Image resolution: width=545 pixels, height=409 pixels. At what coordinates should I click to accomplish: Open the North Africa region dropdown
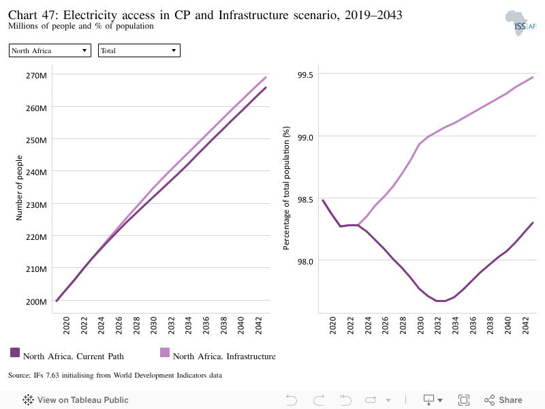[x=50, y=50]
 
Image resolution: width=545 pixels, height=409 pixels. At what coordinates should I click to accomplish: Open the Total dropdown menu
[x=139, y=50]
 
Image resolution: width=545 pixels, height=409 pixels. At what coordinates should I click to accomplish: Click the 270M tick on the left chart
[x=36, y=76]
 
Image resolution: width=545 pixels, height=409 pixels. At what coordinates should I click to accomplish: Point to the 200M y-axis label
[x=36, y=301]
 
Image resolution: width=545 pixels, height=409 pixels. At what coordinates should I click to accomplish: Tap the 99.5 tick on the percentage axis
[x=305, y=75]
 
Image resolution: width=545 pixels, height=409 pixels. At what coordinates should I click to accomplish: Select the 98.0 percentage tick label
[x=305, y=261]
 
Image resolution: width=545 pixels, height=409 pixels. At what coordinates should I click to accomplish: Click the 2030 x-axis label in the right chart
[x=420, y=325]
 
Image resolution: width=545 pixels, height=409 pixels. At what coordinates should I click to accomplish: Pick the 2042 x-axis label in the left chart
[x=259, y=325]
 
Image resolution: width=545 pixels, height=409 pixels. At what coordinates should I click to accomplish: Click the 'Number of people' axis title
[x=19, y=188]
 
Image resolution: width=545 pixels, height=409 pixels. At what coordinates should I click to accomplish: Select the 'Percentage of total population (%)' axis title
[x=286, y=188]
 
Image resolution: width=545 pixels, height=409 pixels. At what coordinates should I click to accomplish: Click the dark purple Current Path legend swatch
[x=15, y=352]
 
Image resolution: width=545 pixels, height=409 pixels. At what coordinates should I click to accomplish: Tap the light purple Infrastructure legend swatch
[x=165, y=352]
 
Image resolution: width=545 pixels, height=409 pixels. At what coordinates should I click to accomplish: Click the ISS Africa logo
[x=520, y=23]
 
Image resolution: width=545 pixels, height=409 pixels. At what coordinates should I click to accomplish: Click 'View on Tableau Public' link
[x=76, y=400]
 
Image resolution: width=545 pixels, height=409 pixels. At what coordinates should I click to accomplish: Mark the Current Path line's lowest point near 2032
[x=441, y=301]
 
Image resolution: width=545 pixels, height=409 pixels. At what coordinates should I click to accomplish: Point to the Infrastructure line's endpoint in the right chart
[x=533, y=77]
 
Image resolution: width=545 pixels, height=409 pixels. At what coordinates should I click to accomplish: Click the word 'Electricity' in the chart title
[x=90, y=15]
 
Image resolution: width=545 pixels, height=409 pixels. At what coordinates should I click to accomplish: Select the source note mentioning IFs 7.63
[x=115, y=376]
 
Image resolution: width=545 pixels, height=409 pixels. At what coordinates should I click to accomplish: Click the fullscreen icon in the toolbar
[x=464, y=400]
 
